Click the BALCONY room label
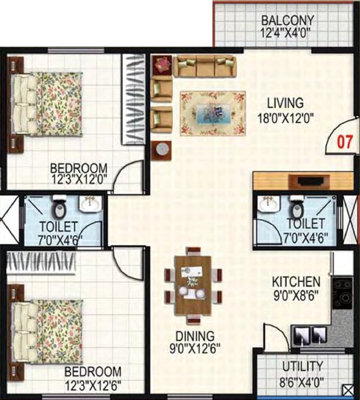click(288, 21)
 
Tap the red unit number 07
click(345, 142)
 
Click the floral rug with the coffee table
click(213, 113)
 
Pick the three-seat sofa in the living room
click(204, 66)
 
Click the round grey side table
click(163, 149)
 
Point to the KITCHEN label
click(296, 282)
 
